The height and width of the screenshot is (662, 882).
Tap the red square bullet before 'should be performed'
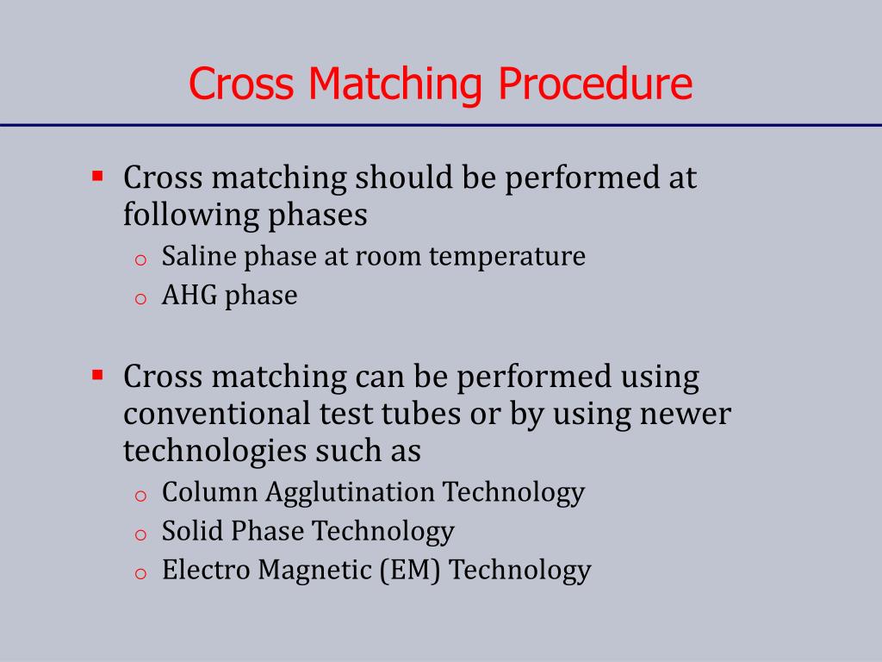pos(97,177)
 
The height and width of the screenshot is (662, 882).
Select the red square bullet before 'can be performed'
pos(97,375)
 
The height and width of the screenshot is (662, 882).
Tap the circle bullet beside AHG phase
pos(141,299)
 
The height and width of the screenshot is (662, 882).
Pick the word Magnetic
pos(316,570)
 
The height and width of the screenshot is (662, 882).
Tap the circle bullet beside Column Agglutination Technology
pos(141,496)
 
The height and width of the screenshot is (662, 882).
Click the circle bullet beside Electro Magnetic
pos(141,573)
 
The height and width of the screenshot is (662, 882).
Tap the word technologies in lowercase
pos(214,451)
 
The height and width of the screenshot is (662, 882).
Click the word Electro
pos(202,570)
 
